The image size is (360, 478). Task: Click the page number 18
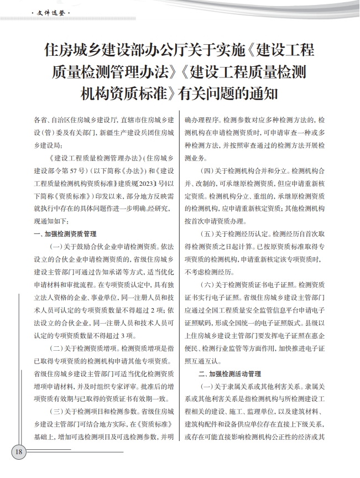(18, 452)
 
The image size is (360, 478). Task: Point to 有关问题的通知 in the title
(232, 92)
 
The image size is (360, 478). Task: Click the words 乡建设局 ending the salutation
(46, 144)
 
